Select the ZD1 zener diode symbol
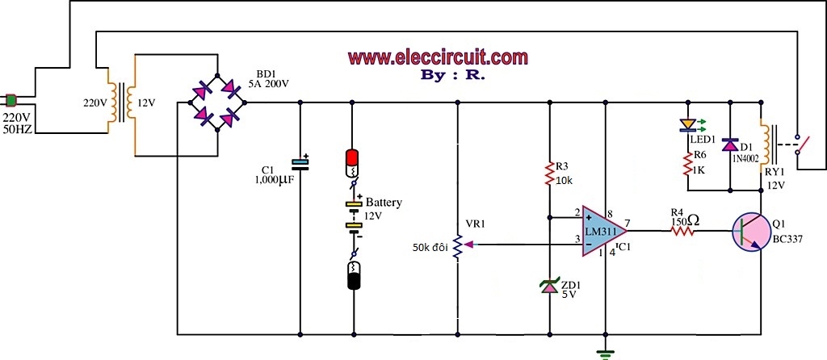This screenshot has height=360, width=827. point(549,287)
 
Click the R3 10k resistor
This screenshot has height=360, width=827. point(549,175)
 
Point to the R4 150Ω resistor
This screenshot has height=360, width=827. point(682,231)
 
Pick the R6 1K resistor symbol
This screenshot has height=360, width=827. point(688,165)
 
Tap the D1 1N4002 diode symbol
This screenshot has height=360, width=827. point(730,144)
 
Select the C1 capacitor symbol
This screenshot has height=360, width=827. point(300,163)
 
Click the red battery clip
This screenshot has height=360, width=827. point(352,163)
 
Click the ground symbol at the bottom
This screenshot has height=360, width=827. point(605,354)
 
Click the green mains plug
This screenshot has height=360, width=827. point(11,99)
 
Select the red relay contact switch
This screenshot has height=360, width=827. point(801,141)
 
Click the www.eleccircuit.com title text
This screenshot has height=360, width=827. point(438,57)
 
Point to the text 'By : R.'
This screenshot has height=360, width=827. point(453,75)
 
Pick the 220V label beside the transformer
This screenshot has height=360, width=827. point(94,103)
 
